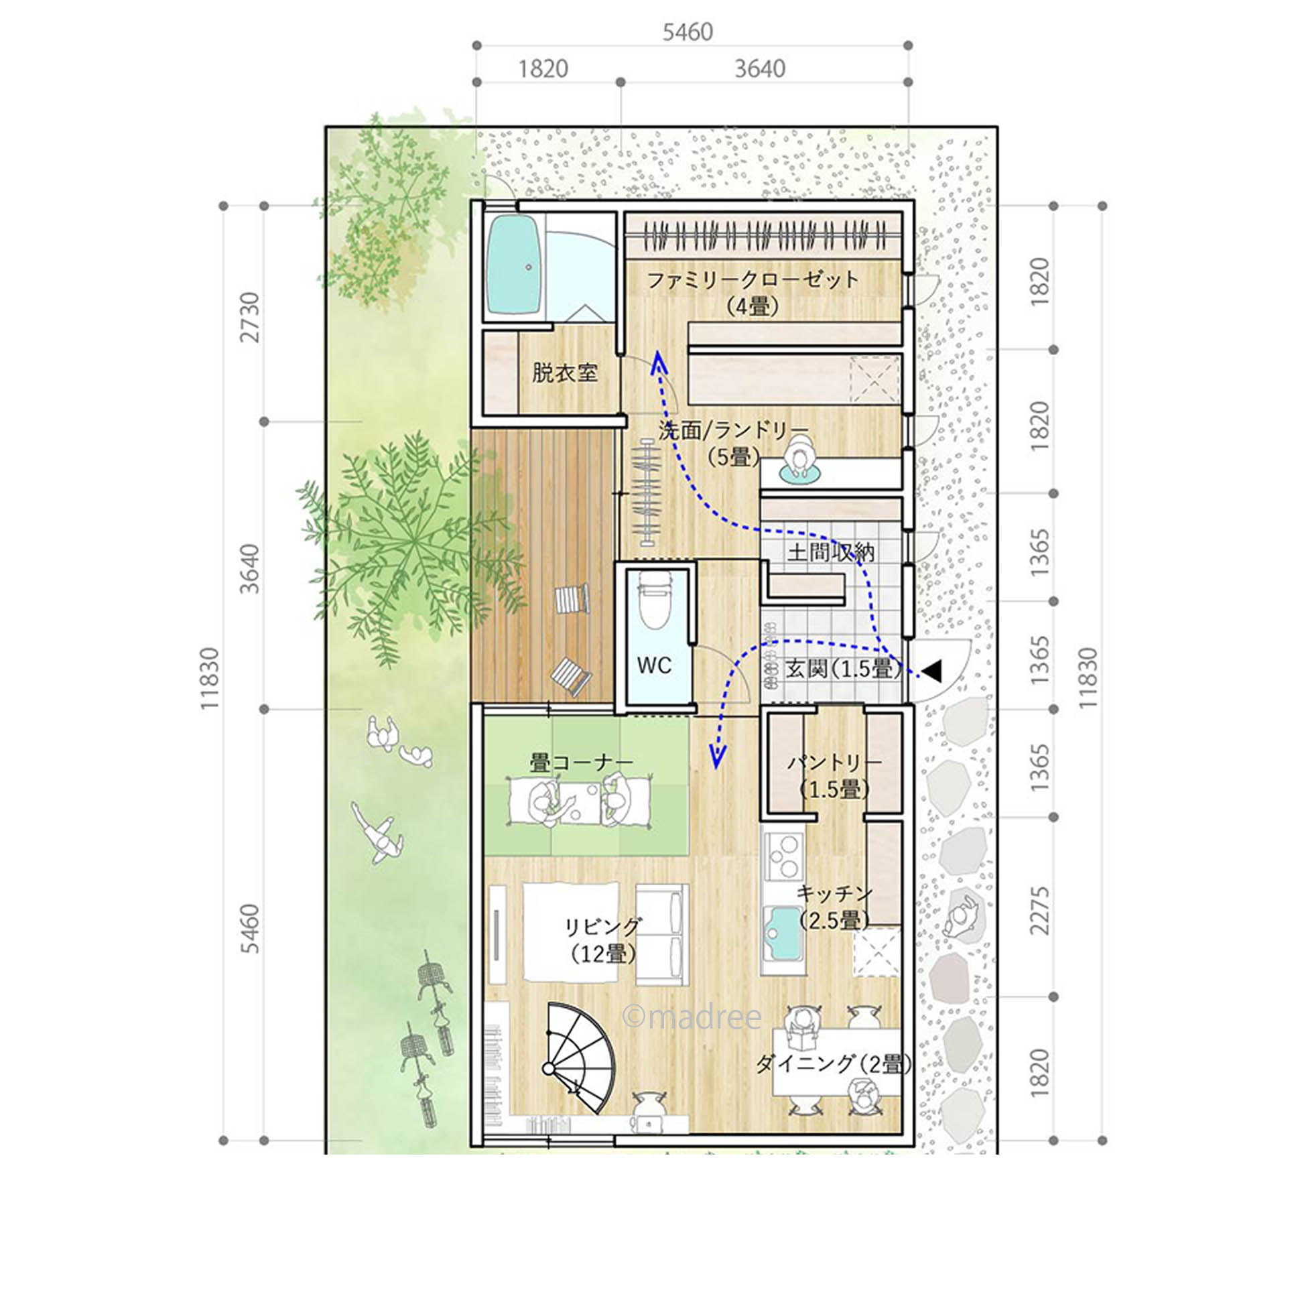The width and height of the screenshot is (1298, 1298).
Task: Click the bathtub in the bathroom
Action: pos(514,266)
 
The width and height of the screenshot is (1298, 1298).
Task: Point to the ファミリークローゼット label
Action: pos(753,279)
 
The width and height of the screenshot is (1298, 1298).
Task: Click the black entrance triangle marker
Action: pos(932,670)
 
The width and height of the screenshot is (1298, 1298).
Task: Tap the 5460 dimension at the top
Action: pos(688,31)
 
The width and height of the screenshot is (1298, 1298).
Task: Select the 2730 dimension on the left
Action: pos(250,316)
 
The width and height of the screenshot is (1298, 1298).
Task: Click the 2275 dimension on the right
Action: pos(1039,911)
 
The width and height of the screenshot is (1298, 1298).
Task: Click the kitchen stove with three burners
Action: pos(783,856)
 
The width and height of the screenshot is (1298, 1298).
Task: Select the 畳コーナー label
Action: pos(581,763)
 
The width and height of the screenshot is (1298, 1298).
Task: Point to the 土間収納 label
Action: pos(830,552)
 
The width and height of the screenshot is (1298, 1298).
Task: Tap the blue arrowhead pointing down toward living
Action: pos(718,758)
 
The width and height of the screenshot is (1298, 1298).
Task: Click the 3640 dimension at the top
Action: pos(760,68)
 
